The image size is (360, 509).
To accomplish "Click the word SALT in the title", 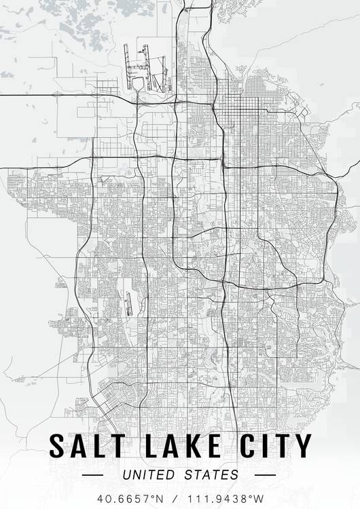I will pyautogui.click(x=86, y=446).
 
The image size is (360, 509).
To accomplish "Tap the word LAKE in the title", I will pyautogui.click(x=179, y=446).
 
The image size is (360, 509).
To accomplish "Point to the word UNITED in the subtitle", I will pyautogui.click(x=149, y=474).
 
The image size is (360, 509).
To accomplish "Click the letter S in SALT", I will pyautogui.click(x=57, y=446).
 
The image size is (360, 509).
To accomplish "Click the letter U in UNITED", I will pyautogui.click(x=125, y=474).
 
